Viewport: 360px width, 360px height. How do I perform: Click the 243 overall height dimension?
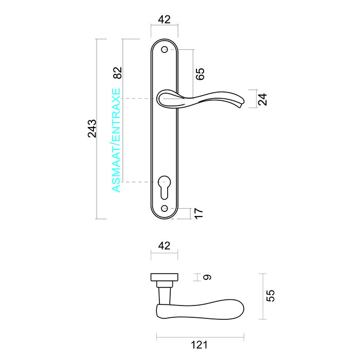point(92,129)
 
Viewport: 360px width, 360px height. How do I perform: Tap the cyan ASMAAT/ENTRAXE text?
point(116,140)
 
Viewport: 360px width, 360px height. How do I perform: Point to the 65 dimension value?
point(200,74)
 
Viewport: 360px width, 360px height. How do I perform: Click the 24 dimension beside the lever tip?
point(263,99)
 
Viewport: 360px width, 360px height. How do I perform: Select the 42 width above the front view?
point(164,20)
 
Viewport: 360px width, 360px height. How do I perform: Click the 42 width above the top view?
point(164,246)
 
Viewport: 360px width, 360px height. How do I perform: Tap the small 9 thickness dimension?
point(207,278)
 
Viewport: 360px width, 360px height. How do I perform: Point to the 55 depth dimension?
point(271,295)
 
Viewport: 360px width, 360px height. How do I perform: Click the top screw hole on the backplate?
point(165,50)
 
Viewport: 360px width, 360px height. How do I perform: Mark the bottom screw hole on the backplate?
point(165,208)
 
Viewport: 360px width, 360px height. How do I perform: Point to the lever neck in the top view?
point(165,294)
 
